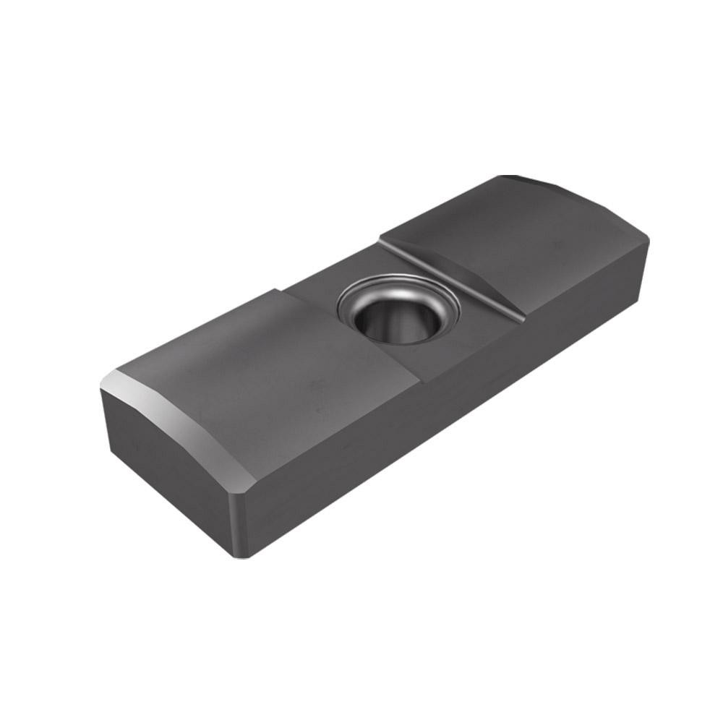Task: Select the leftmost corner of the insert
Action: [101, 390]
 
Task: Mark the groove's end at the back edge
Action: [382, 241]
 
